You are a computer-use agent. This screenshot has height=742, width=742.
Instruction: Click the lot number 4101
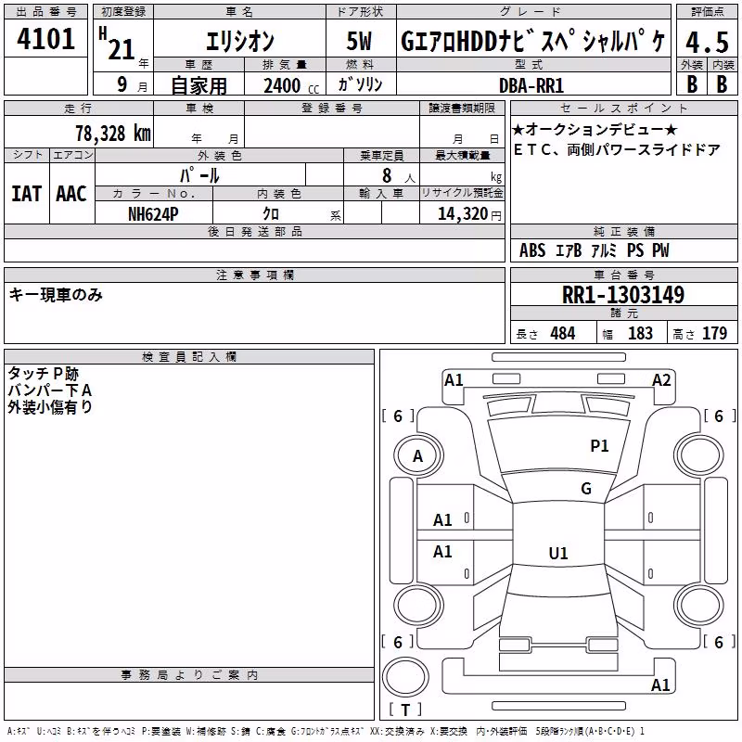point(45,39)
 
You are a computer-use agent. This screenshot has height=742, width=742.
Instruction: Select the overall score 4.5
point(707,42)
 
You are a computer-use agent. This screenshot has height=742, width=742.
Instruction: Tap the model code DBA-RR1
point(531,85)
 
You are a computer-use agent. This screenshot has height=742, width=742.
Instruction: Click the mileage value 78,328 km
point(113,134)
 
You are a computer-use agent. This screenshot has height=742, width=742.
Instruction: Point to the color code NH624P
point(153,214)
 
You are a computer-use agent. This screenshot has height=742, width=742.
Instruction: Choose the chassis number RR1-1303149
point(623,295)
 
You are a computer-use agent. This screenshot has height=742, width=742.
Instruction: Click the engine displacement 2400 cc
point(291,85)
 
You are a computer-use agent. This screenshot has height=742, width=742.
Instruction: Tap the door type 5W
point(359,41)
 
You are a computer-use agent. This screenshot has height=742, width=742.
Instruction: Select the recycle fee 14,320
point(462,214)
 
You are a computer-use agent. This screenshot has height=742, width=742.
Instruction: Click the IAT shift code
point(27,194)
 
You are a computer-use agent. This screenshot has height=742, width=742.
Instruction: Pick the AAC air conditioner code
point(71,194)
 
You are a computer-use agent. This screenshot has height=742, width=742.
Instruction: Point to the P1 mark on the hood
point(599,445)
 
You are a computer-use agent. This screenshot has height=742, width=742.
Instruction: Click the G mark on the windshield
point(586,488)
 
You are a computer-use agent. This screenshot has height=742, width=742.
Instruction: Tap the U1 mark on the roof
point(558,553)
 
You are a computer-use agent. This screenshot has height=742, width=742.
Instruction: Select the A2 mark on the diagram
point(661,380)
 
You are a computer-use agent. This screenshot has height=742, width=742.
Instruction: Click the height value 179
point(714,333)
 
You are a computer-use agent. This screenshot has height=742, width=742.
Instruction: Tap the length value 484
point(563,333)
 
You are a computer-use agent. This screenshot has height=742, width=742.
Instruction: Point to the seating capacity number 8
point(387,175)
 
